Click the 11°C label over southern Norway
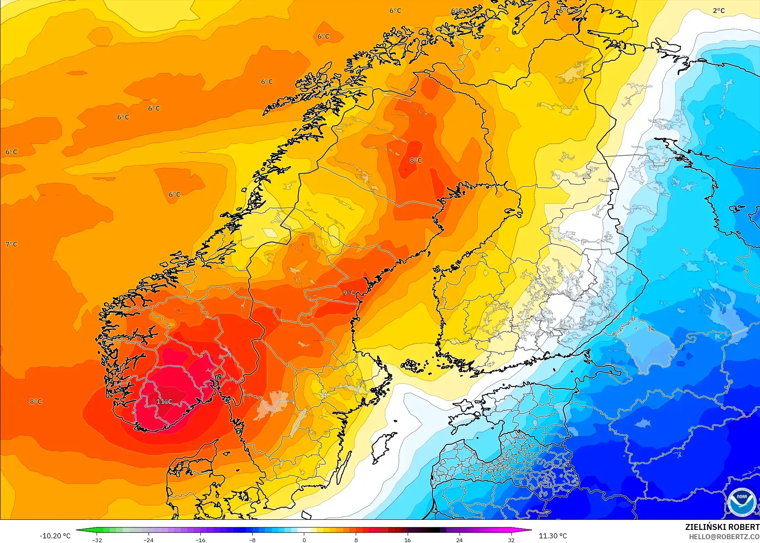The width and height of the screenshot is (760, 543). click(x=164, y=401)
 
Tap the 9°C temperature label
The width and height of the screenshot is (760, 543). click(x=349, y=292)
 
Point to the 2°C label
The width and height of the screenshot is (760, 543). click(x=719, y=11)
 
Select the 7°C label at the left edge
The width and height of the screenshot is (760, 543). click(x=11, y=244)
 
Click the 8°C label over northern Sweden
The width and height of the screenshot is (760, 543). click(x=416, y=160)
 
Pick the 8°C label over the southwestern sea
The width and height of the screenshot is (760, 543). click(x=36, y=401)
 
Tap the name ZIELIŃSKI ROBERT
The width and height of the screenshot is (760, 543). click(x=722, y=527)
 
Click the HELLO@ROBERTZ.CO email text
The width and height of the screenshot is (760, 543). click(x=724, y=537)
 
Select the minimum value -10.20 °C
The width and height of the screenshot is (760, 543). click(x=55, y=536)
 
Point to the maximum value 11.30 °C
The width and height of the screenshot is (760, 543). click(x=553, y=536)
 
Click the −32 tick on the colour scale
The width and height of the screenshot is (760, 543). click(x=97, y=540)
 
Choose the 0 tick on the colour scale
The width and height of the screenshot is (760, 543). click(x=304, y=540)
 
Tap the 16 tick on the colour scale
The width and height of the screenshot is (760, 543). click(x=407, y=540)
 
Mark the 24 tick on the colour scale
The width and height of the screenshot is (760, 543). click(x=459, y=540)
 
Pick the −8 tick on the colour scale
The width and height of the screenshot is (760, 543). click(x=252, y=540)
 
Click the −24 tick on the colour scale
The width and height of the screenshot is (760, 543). click(x=149, y=540)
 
